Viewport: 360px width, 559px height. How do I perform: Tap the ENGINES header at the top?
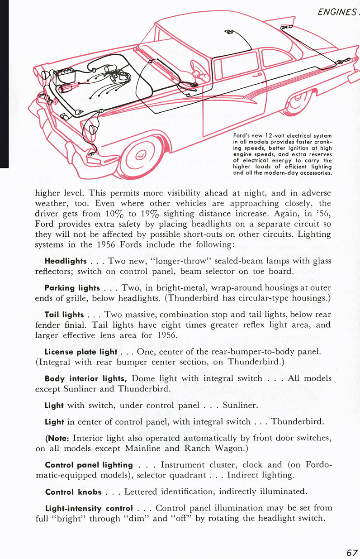coord(337,13)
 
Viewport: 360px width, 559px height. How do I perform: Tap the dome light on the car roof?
coord(230,32)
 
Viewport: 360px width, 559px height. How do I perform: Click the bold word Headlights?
coord(64,261)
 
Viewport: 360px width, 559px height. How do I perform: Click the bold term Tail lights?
coord(62,315)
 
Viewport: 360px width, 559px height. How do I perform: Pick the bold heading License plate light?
coord(81,352)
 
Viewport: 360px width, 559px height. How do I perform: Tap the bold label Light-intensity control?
coord(89,508)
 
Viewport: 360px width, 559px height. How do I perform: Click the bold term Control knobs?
coord(72,492)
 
